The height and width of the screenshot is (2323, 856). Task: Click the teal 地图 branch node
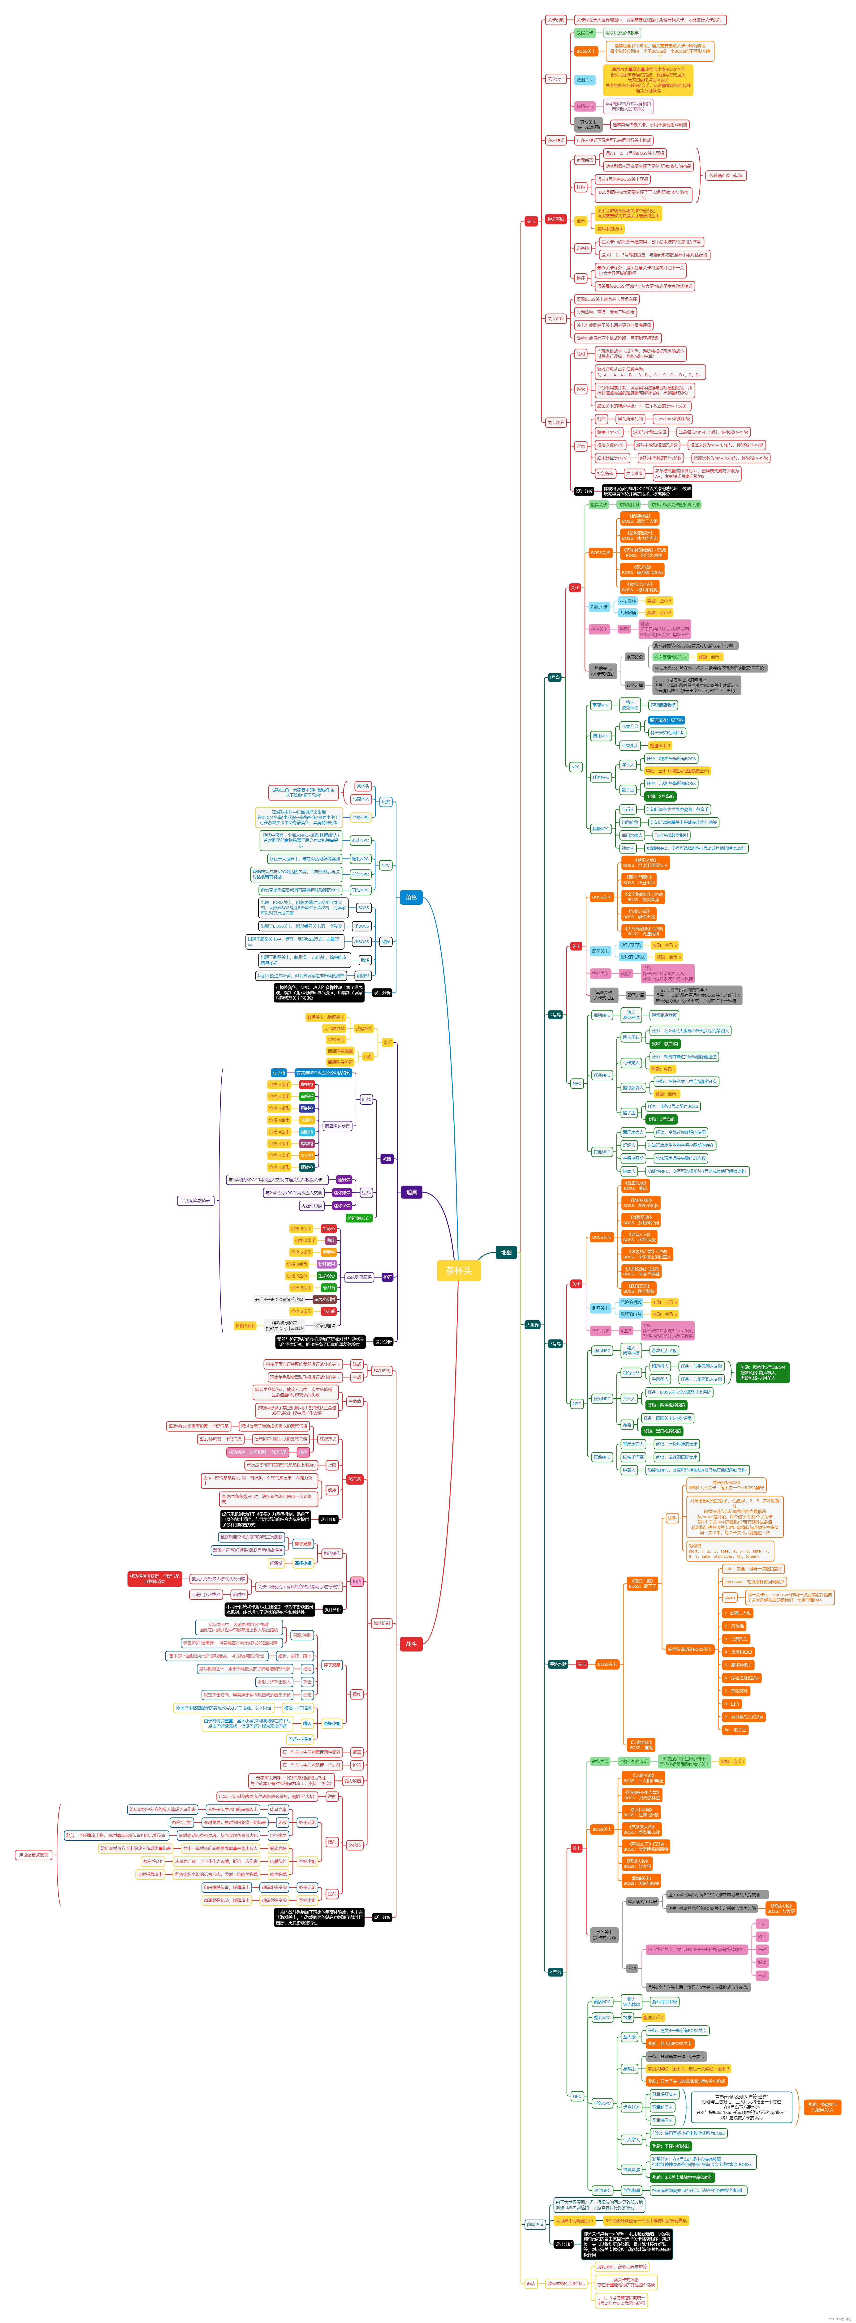point(506,1252)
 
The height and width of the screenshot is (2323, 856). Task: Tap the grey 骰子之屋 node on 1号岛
point(634,685)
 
